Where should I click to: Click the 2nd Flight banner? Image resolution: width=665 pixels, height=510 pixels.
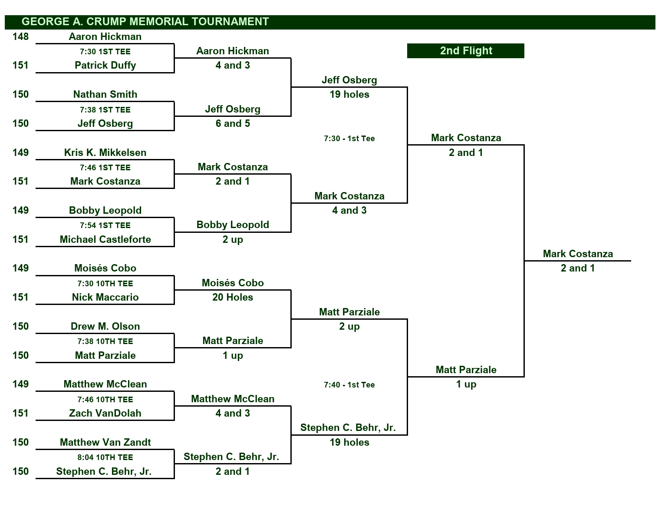(466, 50)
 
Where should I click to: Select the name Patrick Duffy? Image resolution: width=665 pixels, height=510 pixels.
(105, 66)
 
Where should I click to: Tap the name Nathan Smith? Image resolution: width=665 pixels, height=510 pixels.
(105, 94)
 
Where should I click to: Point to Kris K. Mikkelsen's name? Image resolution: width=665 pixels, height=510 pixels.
(105, 152)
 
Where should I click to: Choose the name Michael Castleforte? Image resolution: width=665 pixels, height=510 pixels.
(105, 239)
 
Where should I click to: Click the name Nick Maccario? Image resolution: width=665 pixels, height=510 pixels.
(105, 297)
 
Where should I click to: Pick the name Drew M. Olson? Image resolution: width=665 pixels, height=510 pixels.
(105, 326)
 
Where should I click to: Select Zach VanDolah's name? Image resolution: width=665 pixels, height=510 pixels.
(105, 413)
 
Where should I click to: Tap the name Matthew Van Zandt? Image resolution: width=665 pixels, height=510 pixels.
(105, 442)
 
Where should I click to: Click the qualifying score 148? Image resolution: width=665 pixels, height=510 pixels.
(20, 36)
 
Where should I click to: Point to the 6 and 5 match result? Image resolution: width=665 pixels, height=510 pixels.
(233, 123)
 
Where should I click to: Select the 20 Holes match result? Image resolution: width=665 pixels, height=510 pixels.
(233, 297)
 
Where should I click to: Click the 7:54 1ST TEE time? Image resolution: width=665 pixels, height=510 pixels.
(105, 225)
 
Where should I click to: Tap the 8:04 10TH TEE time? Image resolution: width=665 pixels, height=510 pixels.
(105, 457)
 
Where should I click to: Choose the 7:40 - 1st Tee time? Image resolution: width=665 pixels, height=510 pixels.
(349, 385)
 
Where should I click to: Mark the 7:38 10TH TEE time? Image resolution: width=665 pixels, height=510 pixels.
(105, 341)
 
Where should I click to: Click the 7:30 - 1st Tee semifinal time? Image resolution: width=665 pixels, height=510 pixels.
(349, 139)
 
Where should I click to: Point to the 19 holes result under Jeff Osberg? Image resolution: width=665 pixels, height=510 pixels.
(349, 94)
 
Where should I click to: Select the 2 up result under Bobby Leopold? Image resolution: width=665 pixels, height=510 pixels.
(233, 239)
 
